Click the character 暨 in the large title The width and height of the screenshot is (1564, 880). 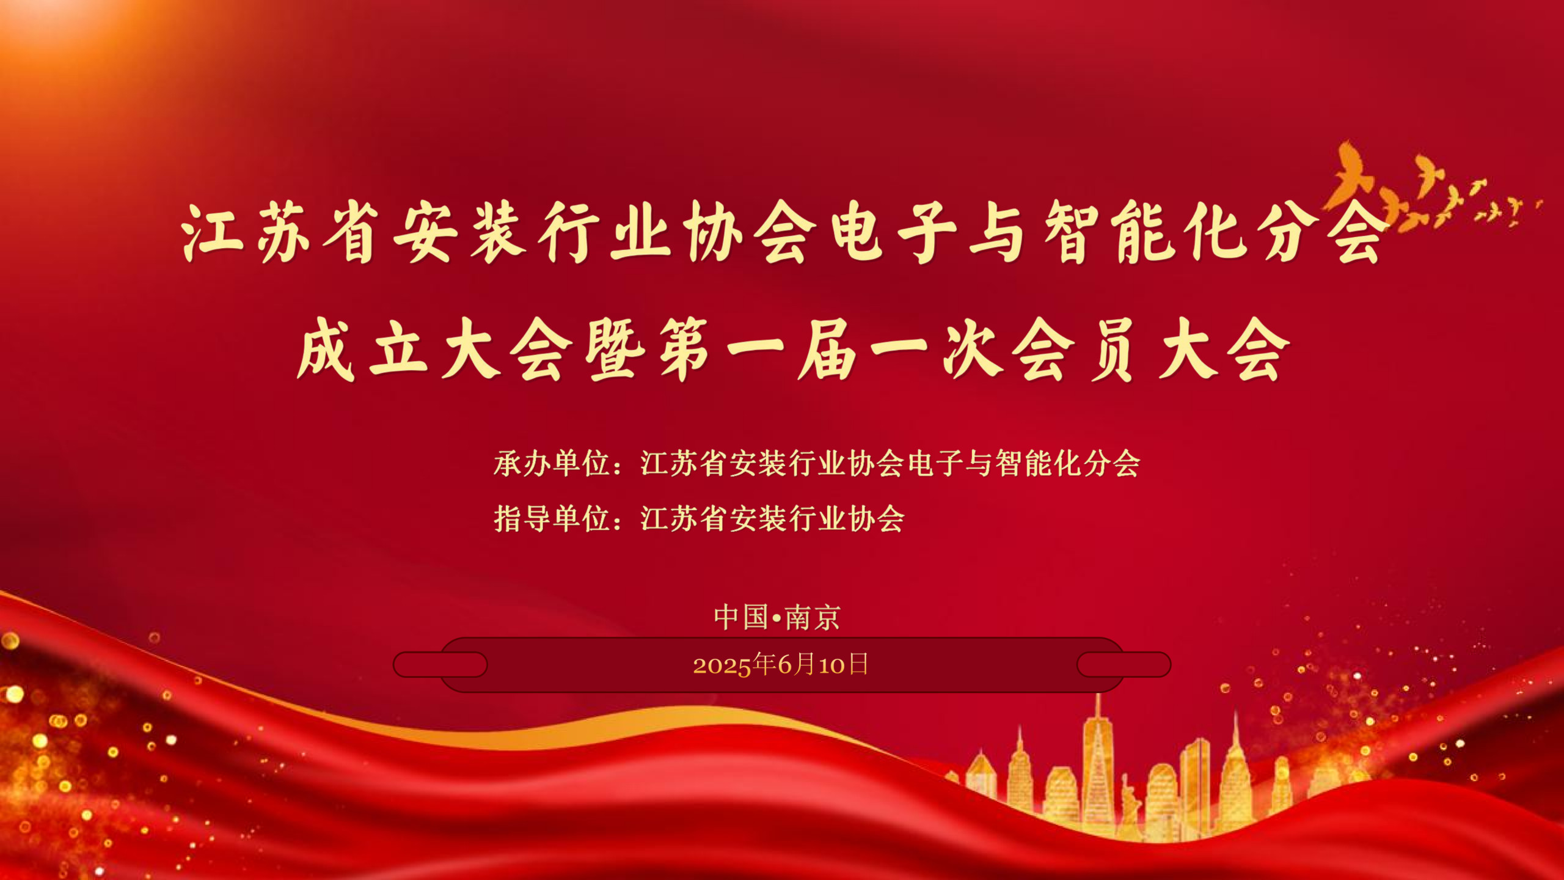615,350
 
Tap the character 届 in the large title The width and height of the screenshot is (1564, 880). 827,350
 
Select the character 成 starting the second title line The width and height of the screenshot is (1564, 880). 326,350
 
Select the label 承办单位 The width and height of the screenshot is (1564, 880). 552,463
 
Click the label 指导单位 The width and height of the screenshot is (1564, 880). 552,519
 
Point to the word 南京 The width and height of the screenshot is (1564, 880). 813,617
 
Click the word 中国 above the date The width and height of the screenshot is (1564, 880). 741,617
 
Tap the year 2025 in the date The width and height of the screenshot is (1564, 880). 722,665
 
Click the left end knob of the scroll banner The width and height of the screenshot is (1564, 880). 440,664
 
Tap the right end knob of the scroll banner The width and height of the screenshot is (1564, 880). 1124,664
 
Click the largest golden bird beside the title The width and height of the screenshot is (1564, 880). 1353,177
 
